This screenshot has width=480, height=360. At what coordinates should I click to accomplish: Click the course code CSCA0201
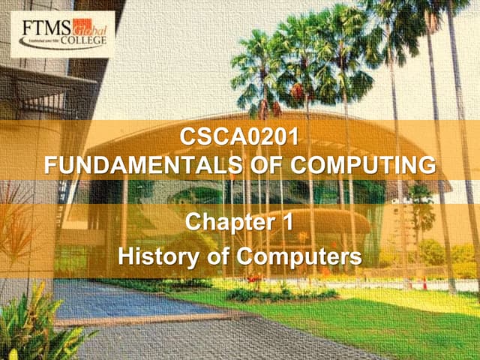pyautogui.click(x=240, y=138)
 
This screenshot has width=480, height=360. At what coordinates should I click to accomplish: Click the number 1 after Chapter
pyautogui.click(x=289, y=222)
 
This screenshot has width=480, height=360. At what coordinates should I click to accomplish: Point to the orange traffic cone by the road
pyautogui.click(x=424, y=283)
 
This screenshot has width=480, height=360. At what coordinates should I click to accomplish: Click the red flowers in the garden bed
pyautogui.click(x=255, y=279)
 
